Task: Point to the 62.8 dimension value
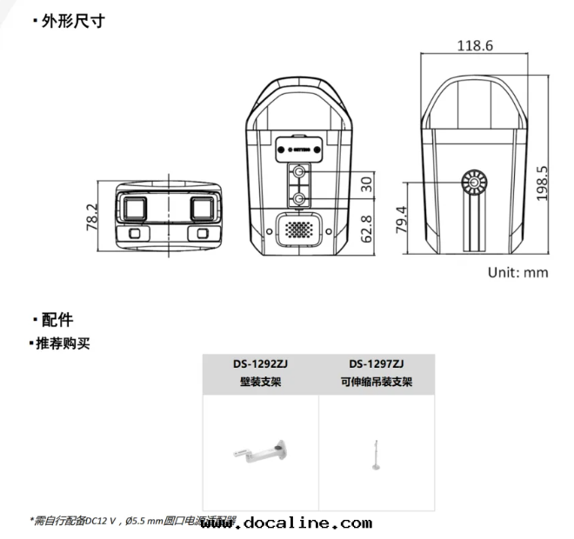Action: coord(366,230)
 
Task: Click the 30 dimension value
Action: coord(366,184)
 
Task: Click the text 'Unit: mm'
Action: coord(517,272)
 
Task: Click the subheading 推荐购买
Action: coord(62,343)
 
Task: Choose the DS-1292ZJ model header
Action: coord(260,364)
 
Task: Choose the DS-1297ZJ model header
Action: coord(377,364)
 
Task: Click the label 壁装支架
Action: coord(260,382)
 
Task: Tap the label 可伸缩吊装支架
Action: coord(377,382)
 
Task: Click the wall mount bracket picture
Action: coord(260,453)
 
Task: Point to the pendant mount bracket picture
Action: coord(377,453)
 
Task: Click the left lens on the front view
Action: coord(136,208)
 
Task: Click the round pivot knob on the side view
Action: coord(475,183)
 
